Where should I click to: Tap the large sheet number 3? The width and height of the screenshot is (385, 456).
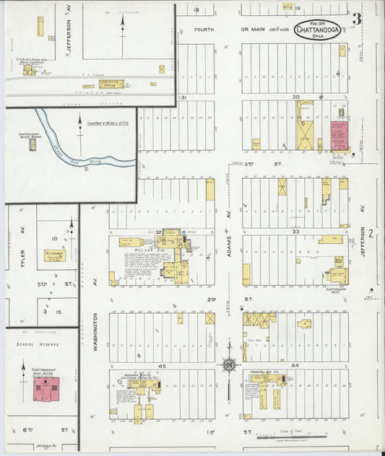pos(357,18)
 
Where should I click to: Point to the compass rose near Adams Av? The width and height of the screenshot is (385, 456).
pos(229,366)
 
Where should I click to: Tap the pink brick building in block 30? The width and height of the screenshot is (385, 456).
pos(338,136)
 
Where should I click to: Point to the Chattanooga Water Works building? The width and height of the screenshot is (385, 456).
pos(33,144)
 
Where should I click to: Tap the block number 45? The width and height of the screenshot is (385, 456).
pos(162,367)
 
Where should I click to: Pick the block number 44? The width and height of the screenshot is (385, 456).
pos(295,367)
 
